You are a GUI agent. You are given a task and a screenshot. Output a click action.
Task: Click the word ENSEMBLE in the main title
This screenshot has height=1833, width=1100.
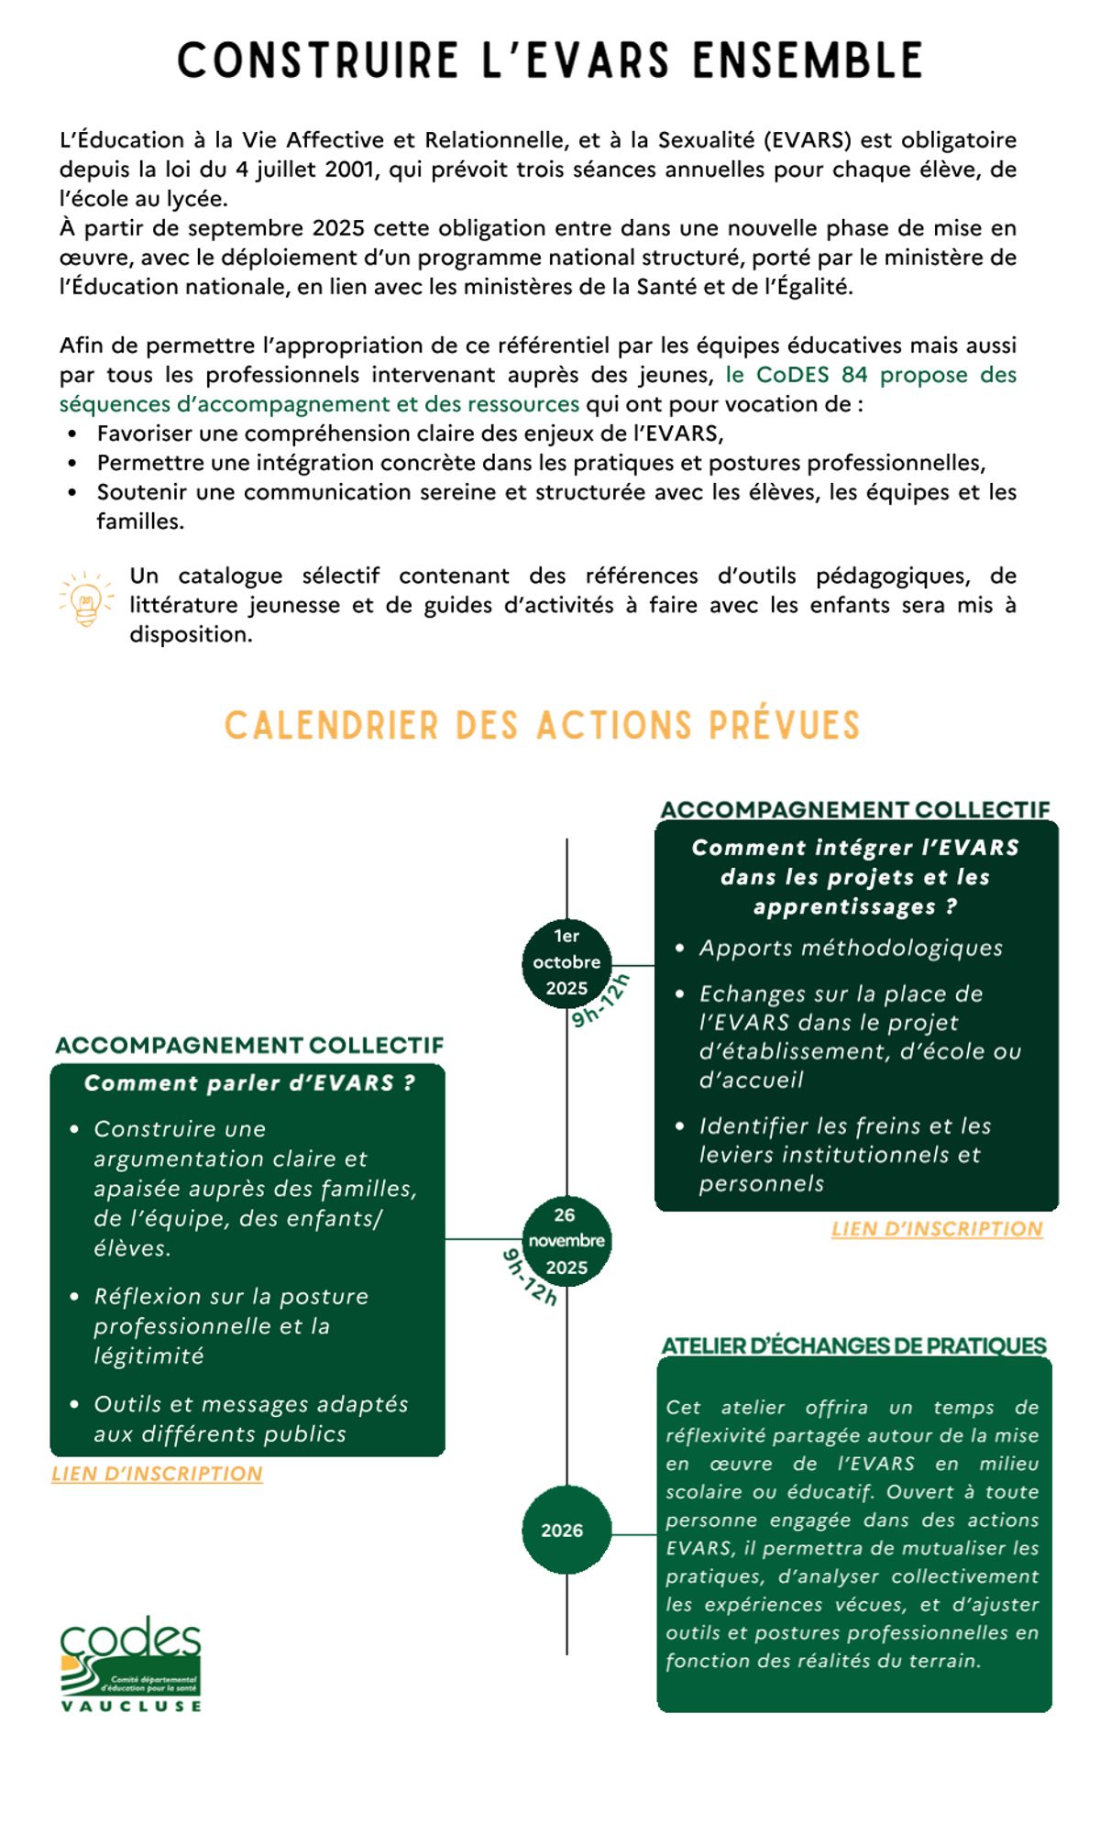coord(808,60)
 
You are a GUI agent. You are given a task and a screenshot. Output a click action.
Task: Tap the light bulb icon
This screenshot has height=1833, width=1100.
coord(85,600)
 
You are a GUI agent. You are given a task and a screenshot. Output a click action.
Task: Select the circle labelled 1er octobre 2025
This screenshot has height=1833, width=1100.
coord(566,962)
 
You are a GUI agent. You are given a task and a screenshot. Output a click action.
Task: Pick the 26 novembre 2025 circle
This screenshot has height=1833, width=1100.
coord(566,1241)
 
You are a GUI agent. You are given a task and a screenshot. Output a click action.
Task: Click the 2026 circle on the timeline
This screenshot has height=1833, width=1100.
coord(565,1530)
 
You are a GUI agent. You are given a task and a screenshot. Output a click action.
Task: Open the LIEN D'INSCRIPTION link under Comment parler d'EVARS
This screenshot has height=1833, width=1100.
coord(157,1474)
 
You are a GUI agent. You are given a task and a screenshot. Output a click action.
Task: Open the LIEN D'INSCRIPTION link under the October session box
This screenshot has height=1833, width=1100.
coord(937,1229)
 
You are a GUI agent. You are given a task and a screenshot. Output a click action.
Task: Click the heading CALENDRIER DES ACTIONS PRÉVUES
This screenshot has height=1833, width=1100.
coord(543,726)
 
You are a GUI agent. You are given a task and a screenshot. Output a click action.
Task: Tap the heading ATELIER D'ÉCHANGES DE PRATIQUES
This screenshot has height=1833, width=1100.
coord(853,1345)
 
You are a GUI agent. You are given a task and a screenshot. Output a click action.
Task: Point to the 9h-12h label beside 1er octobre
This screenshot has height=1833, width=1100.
coord(601,1001)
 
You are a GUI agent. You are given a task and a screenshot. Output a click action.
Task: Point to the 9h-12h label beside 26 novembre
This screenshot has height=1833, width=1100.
coord(530,1277)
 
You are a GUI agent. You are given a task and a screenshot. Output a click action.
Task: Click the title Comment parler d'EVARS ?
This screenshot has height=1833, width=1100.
coord(249,1083)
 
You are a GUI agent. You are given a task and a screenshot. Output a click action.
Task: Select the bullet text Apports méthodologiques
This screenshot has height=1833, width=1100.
coord(851,948)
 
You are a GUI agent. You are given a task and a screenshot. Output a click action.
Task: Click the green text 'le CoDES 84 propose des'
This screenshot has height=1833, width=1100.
coord(871,375)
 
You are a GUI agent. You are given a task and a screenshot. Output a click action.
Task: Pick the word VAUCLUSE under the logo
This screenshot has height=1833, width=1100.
coord(131,1706)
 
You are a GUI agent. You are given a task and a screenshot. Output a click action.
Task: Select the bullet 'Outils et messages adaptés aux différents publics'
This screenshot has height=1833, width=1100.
coord(250,1419)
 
